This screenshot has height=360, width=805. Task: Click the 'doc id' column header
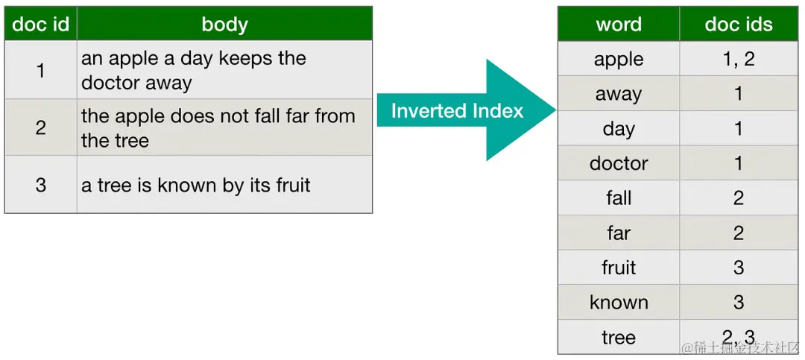[x=40, y=24]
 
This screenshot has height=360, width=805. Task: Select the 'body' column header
[x=224, y=24]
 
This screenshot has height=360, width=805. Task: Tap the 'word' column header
[x=619, y=24]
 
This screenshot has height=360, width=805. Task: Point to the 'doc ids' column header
[x=738, y=24]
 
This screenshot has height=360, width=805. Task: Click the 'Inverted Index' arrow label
[x=457, y=110]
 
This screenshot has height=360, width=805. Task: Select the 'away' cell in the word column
[x=619, y=95]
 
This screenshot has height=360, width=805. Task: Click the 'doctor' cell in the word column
[x=619, y=163]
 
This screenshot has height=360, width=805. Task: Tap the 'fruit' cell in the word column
[x=619, y=268]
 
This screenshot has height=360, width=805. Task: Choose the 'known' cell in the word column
[x=619, y=302]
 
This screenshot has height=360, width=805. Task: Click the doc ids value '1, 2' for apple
[x=738, y=59]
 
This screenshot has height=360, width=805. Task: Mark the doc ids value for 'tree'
[x=738, y=337]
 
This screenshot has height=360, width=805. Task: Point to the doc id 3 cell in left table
[x=40, y=185]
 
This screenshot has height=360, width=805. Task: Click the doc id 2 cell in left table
[x=40, y=127]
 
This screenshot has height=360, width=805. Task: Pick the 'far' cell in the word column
[x=619, y=233]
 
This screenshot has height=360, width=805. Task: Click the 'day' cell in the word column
[x=619, y=129]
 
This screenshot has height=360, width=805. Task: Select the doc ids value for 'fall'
[x=738, y=198]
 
